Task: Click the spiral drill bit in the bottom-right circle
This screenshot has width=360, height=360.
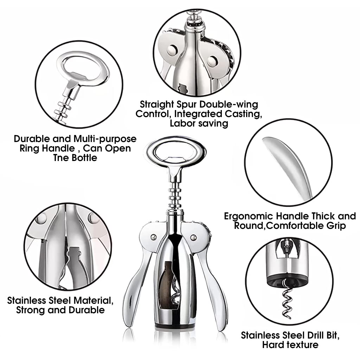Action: [286, 298]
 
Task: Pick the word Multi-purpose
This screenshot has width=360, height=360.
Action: [105, 139]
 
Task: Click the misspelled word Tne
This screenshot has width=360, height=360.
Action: [61, 158]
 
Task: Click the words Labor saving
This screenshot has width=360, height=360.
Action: [199, 123]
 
